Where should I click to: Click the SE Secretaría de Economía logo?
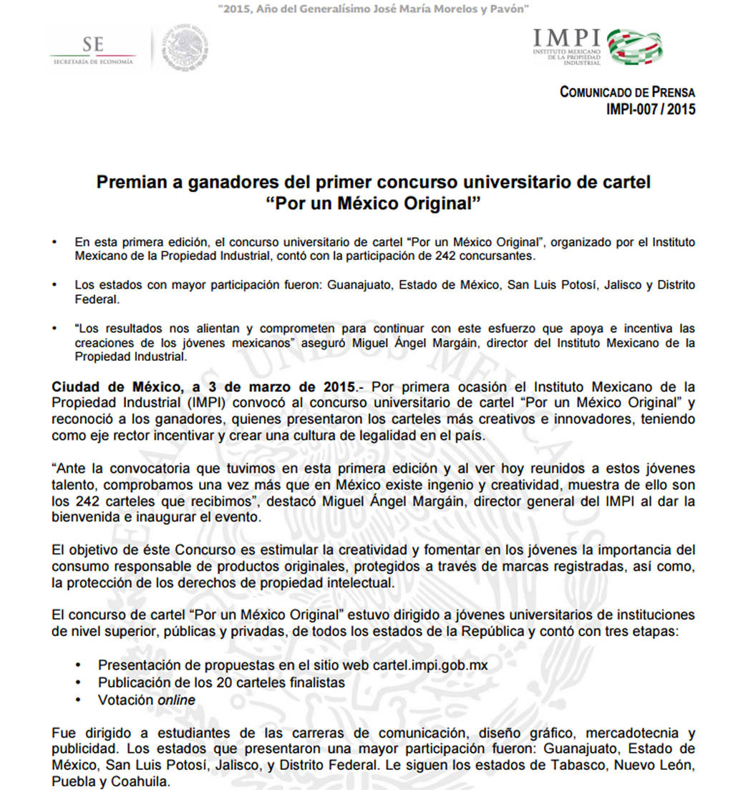click(x=92, y=51)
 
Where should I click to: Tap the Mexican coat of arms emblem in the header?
click(x=184, y=49)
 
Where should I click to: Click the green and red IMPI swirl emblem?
click(x=635, y=47)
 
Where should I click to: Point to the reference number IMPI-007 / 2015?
click(x=650, y=110)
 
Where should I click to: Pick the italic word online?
click(x=176, y=700)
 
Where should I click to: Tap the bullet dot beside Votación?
click(x=78, y=700)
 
